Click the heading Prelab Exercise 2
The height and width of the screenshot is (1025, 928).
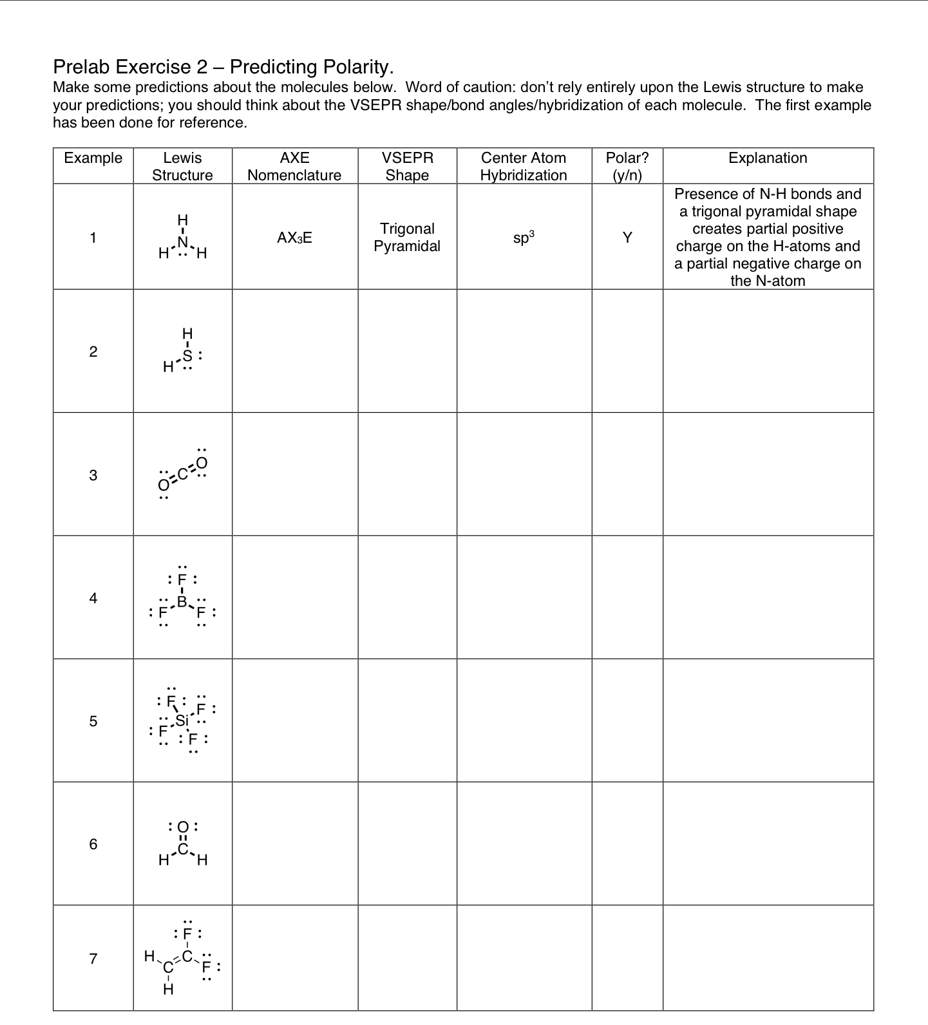click(223, 67)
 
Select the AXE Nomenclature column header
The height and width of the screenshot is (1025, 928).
click(294, 166)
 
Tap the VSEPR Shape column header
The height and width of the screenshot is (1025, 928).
click(407, 166)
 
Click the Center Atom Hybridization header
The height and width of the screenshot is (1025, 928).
click(524, 166)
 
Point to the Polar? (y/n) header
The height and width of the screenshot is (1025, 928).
click(627, 166)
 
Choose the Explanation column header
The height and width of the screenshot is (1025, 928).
click(768, 158)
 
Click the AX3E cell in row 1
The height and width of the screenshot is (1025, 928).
click(294, 238)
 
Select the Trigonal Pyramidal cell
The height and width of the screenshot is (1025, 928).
click(407, 238)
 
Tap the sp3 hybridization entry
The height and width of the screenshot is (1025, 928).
click(524, 238)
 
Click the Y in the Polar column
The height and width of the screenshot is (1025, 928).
click(627, 238)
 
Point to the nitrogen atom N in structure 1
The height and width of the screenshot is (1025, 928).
click(183, 242)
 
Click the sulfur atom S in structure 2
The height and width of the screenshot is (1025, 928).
click(187, 355)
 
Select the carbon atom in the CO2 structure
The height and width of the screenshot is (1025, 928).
click(182, 475)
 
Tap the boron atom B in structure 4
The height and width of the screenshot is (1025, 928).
click(182, 601)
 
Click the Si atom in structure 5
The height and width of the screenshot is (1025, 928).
click(182, 720)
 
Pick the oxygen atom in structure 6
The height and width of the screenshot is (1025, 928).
click(183, 827)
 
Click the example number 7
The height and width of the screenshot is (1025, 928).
click(93, 959)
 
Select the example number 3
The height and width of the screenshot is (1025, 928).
click(93, 475)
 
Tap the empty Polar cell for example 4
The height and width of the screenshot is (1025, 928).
click(627, 597)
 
